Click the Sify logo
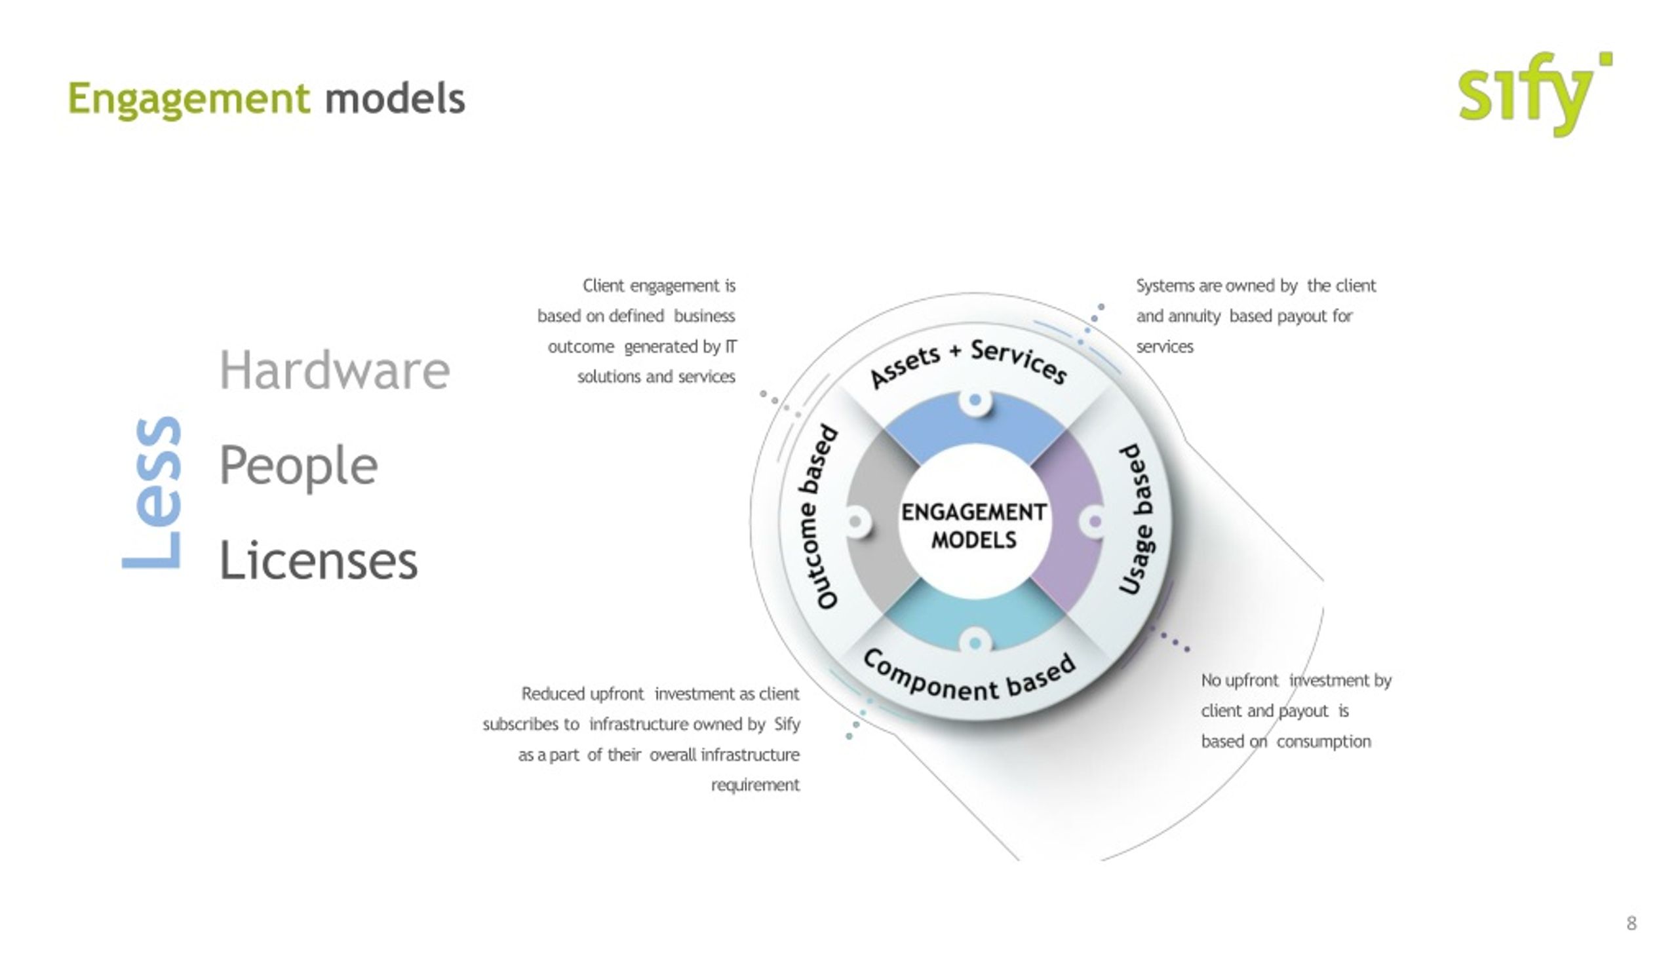(x=1534, y=94)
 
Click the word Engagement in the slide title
(x=189, y=100)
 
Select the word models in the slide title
(x=395, y=98)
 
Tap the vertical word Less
(x=151, y=492)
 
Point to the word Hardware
(x=334, y=370)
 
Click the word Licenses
(x=318, y=559)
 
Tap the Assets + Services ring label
(x=969, y=361)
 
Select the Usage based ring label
(x=1137, y=520)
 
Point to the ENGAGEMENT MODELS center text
(x=974, y=525)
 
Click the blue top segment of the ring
(x=975, y=425)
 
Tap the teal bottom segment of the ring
(x=975, y=618)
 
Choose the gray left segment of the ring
(x=874, y=521)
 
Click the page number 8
(x=1631, y=923)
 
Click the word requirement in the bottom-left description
(x=755, y=785)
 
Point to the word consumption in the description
(x=1323, y=742)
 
